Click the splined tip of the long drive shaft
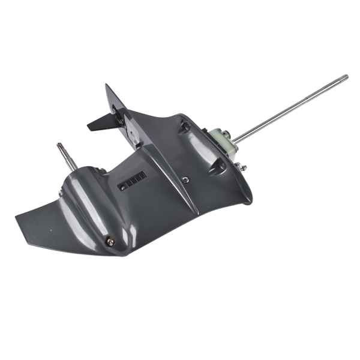pos(344,77)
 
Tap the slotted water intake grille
pos(133,181)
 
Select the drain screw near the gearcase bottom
pos(109,241)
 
